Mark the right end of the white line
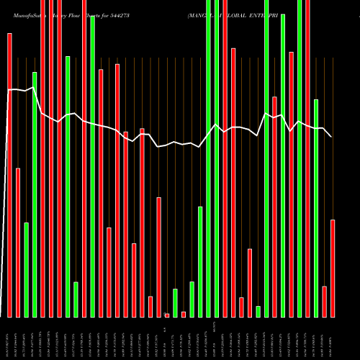[x=331, y=136]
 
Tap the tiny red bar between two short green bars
[x=184, y=314]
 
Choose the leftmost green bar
[x=26, y=269]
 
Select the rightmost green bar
[x=316, y=208]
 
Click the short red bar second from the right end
[x=324, y=301]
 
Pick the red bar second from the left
[x=18, y=242]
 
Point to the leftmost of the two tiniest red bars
[x=167, y=315]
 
